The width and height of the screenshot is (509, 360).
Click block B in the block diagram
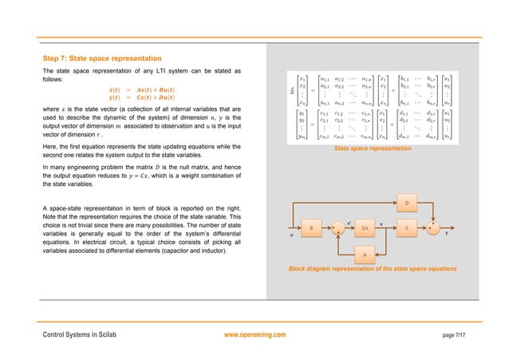[x=314, y=227]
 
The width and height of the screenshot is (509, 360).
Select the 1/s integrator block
[x=365, y=227]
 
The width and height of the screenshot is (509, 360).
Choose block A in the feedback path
[x=365, y=254]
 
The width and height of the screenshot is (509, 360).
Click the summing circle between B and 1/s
[x=339, y=228]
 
